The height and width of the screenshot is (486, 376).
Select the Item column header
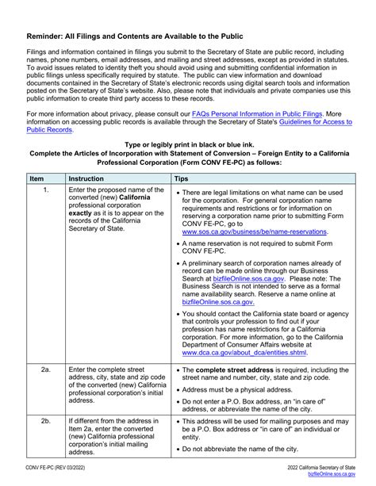pos(36,179)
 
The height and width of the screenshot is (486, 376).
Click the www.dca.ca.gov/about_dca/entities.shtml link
pos(248,352)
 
